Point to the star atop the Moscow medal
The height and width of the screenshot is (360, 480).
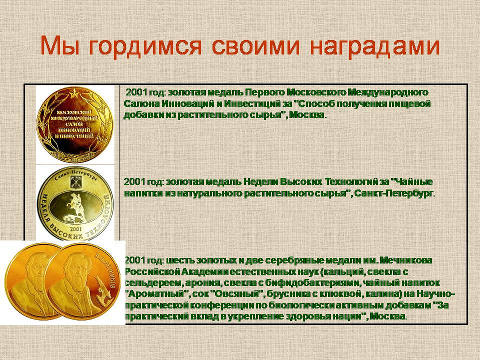click(x=73, y=92)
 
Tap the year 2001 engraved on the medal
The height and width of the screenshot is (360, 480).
click(x=75, y=228)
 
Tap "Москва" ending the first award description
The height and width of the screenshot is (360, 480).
click(x=306, y=115)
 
